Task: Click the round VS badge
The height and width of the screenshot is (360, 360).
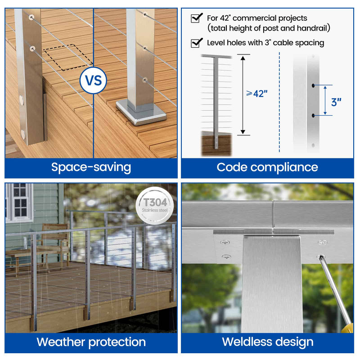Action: [93, 81]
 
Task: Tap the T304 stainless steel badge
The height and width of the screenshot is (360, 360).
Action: [154, 206]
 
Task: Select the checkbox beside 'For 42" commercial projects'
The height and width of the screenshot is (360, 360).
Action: [196, 18]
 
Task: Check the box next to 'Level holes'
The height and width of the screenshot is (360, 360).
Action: [196, 43]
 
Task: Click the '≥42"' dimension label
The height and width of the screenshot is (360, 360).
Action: [256, 94]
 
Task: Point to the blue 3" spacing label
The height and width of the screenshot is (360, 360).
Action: [336, 102]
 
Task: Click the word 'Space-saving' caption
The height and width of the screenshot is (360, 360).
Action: [91, 167]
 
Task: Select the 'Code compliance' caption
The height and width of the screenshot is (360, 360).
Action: [267, 167]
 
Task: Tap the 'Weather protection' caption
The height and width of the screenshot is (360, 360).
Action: [91, 342]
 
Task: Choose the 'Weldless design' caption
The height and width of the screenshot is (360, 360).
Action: [268, 342]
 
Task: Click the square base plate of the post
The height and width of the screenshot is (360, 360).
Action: [141, 112]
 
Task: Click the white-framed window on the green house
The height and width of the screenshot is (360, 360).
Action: [19, 203]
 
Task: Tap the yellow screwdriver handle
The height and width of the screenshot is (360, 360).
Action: [347, 328]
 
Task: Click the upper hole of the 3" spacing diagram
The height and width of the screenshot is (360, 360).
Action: [313, 85]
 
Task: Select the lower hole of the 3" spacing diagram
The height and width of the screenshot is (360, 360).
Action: [313, 116]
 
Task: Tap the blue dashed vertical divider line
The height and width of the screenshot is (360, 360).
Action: [279, 102]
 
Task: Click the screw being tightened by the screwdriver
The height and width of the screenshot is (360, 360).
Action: [321, 256]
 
